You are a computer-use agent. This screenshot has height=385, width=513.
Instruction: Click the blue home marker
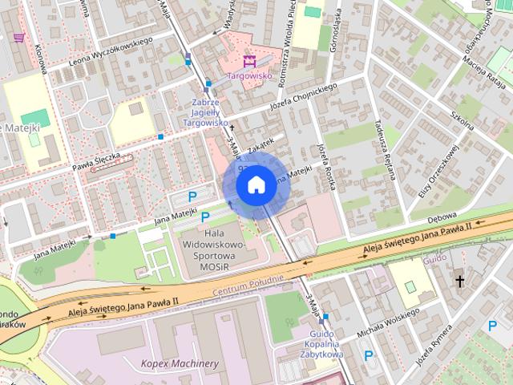pos(255,185)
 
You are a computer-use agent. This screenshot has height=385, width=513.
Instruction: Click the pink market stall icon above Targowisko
pos(248,60)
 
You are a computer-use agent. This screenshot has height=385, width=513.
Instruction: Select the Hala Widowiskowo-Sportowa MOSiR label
pos(212,248)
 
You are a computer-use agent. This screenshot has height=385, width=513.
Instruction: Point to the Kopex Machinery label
pos(180,363)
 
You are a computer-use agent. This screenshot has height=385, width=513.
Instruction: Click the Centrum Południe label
pos(248,283)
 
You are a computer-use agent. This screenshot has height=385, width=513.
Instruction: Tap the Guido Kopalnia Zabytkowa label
pos(325,343)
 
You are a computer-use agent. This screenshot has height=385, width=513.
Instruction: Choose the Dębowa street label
pos(442,217)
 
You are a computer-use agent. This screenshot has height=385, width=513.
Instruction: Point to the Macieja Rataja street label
pos(487,75)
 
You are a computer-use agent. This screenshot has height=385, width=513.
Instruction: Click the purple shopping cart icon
pos(18,37)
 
